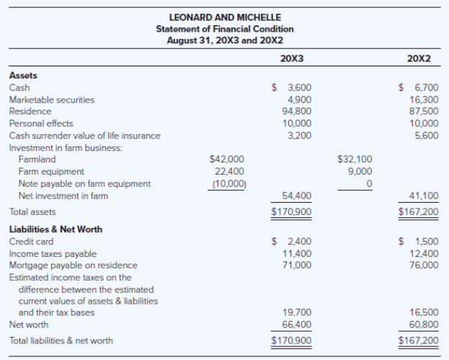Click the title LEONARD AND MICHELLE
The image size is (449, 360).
(225, 17)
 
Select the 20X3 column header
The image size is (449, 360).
(292, 58)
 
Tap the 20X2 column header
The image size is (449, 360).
(419, 58)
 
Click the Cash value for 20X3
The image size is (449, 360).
(291, 87)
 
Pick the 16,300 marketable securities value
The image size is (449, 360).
(424, 100)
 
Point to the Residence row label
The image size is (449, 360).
(30, 111)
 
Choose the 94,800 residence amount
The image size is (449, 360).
(297, 111)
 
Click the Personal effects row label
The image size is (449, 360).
(41, 123)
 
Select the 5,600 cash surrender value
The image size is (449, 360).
(427, 136)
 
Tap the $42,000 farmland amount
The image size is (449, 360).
(227, 159)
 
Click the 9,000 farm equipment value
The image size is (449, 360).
(360, 172)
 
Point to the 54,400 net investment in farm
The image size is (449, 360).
(297, 196)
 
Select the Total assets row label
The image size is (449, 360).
(32, 212)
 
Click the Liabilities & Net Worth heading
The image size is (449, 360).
(55, 229)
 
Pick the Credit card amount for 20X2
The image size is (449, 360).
(419, 242)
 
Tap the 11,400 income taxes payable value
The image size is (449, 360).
(297, 254)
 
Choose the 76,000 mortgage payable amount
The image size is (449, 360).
(424, 265)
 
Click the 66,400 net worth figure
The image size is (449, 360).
(297, 325)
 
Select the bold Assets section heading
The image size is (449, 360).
(23, 76)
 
